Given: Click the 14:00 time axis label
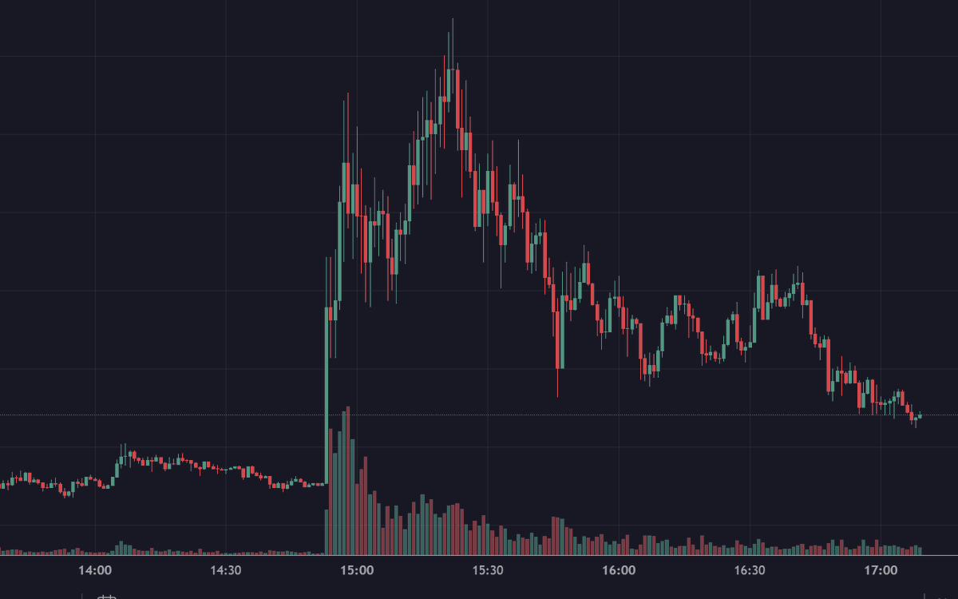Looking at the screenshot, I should [x=95, y=570].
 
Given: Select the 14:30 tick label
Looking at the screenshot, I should [x=226, y=570].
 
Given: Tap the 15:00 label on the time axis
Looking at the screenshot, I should [x=357, y=570].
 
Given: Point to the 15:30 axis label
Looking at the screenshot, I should [x=488, y=570].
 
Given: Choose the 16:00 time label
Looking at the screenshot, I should [x=619, y=570].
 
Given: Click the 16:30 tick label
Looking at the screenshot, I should [x=750, y=570].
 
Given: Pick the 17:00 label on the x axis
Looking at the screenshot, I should [x=881, y=570].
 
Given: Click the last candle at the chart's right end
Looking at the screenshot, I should [x=920, y=415].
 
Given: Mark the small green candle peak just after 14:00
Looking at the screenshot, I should [x=121, y=459].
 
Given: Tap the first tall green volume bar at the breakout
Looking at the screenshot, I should [x=327, y=491].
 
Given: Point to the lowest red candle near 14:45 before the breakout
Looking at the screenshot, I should [x=284, y=485].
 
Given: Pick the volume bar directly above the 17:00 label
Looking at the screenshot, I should [x=881, y=549].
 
